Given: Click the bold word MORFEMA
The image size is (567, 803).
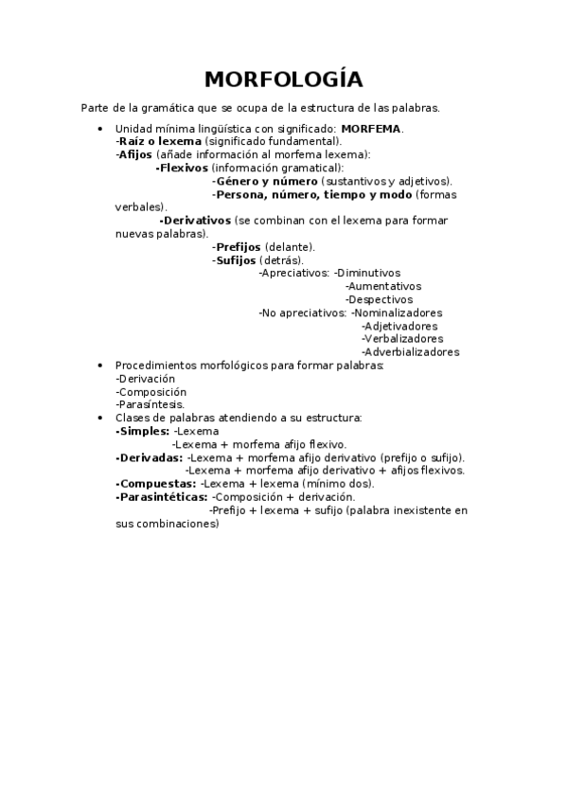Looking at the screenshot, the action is coord(371,128).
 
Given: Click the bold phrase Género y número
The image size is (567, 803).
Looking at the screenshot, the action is coord(265,181).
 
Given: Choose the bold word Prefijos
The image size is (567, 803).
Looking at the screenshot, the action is coord(236,246).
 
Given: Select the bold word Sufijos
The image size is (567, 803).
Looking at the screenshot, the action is coord(234,259).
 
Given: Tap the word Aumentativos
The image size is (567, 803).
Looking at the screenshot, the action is coord(383,286).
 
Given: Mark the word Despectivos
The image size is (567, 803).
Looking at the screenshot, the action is coord(379,299).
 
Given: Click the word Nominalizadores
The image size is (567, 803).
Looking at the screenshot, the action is coord(397,312).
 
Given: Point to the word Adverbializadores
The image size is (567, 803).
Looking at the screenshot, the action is coord(410,352).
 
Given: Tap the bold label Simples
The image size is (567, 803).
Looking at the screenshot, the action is coord(142,431).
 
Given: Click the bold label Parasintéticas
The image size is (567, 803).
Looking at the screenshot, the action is coord(161,497).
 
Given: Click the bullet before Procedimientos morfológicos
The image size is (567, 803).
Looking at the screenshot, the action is coord(101,365).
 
